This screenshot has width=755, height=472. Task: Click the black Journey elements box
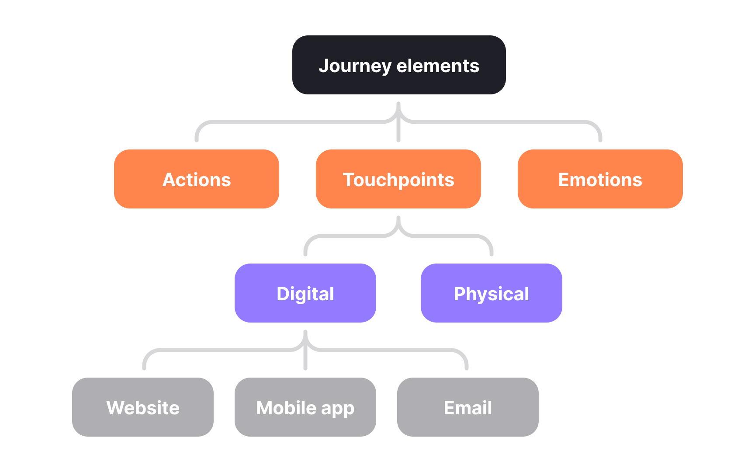tap(398, 65)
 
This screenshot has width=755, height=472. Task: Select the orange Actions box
tap(196, 179)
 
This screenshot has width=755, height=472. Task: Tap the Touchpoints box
tap(398, 179)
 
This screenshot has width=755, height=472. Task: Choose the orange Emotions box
tap(600, 179)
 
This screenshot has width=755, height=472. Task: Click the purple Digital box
tap(305, 293)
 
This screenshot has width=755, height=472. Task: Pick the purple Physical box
tap(491, 293)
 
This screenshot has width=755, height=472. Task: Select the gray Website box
tap(142, 407)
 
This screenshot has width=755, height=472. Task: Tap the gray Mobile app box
tap(305, 407)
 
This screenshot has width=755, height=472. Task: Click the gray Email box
tap(468, 407)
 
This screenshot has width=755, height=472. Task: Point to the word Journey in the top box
tap(355, 66)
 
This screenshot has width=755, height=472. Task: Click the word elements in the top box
tap(438, 66)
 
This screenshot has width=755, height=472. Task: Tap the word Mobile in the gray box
tap(286, 408)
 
